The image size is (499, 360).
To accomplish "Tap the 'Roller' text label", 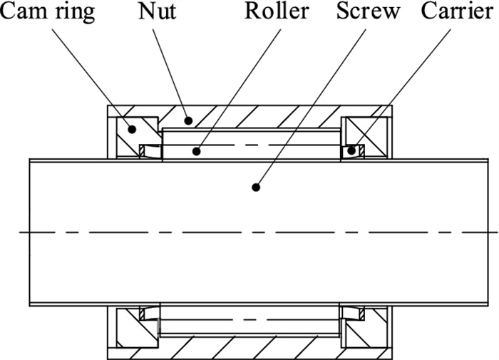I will tap(277, 12).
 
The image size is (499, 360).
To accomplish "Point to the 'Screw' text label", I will tap(368, 12).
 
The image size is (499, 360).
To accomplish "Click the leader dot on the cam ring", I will tap(132, 129).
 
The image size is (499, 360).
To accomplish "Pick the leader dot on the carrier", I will tap(351, 150).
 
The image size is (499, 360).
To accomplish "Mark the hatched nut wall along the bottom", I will tap(249, 349).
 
